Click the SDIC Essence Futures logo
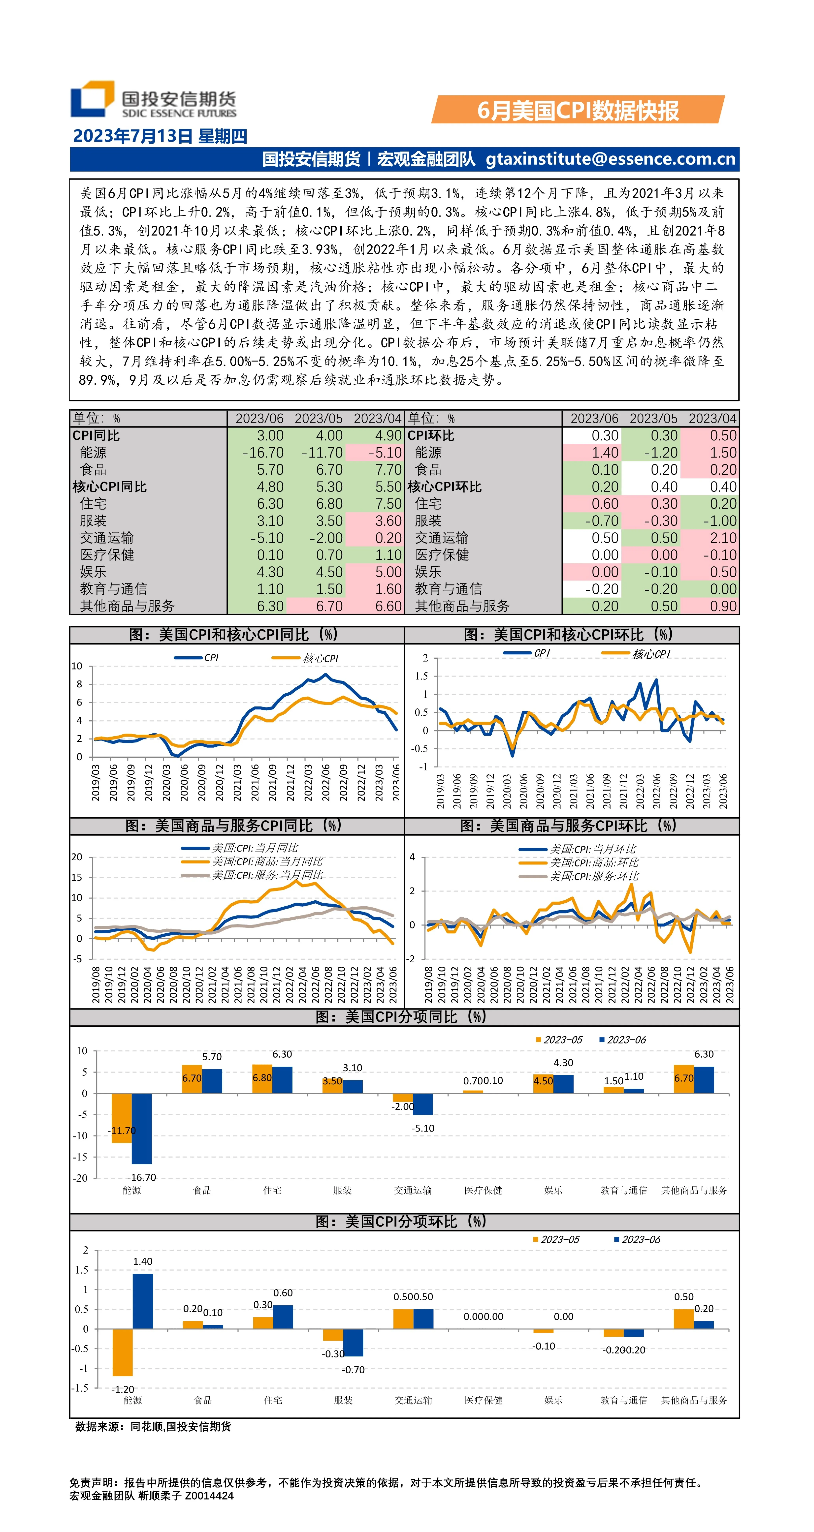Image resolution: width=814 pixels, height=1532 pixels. (153, 99)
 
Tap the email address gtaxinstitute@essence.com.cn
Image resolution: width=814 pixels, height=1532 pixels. (611, 159)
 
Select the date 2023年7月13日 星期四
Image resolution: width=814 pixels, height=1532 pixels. (160, 136)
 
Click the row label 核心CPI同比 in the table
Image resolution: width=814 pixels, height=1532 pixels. (110, 486)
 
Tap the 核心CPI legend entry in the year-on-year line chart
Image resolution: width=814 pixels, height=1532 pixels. (305, 658)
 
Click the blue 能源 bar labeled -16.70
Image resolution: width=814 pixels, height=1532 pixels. (142, 1128)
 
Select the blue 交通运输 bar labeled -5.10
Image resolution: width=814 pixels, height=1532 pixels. (423, 1104)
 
